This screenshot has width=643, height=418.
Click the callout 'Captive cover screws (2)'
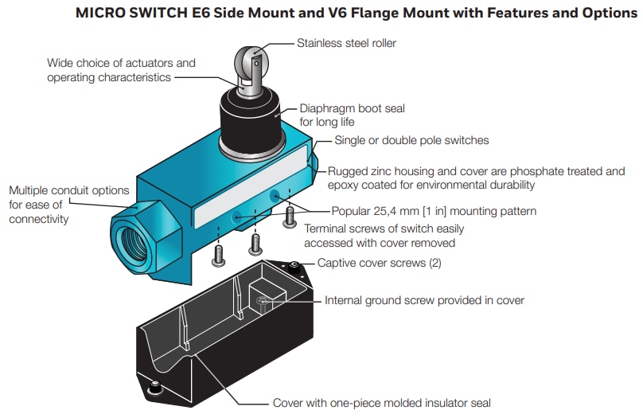[x=379, y=263]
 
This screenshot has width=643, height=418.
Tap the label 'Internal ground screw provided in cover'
[x=424, y=300]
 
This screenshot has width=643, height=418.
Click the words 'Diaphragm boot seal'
[x=352, y=108]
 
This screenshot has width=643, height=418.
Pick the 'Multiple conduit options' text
[x=69, y=190]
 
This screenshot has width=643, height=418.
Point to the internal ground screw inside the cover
[x=263, y=300]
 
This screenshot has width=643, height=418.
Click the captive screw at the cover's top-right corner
[x=294, y=264]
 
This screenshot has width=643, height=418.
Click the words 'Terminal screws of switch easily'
[x=384, y=229]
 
